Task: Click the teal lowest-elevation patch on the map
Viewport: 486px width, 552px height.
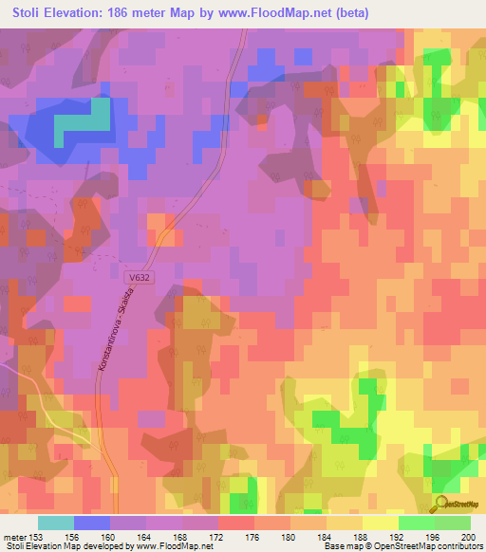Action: pyautogui.click(x=84, y=121)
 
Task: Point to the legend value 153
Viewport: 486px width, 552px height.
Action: pyautogui.click(x=35, y=537)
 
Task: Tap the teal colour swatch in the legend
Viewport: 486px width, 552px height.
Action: pyautogui.click(x=56, y=523)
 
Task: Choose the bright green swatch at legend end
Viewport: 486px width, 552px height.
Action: pyautogui.click(x=452, y=523)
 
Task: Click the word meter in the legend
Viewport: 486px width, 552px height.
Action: pyautogui.click(x=13, y=537)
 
